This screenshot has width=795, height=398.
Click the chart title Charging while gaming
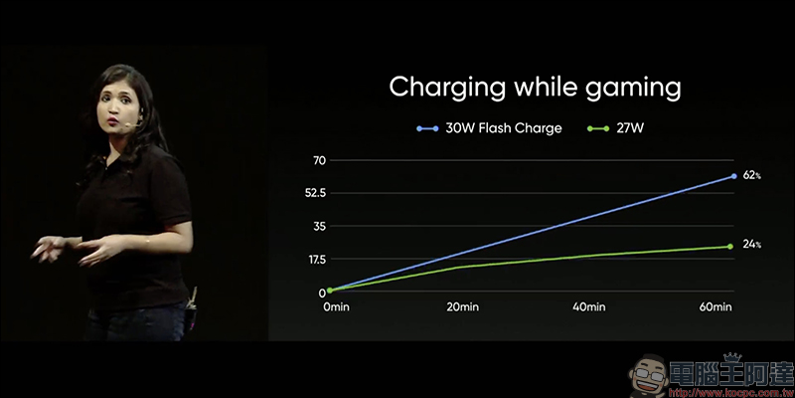point(535,87)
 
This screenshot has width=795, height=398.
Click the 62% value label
point(750,175)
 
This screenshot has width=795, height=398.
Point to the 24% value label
point(750,246)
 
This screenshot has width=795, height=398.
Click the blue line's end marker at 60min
point(733,176)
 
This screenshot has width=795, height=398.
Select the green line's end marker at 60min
point(730,247)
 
